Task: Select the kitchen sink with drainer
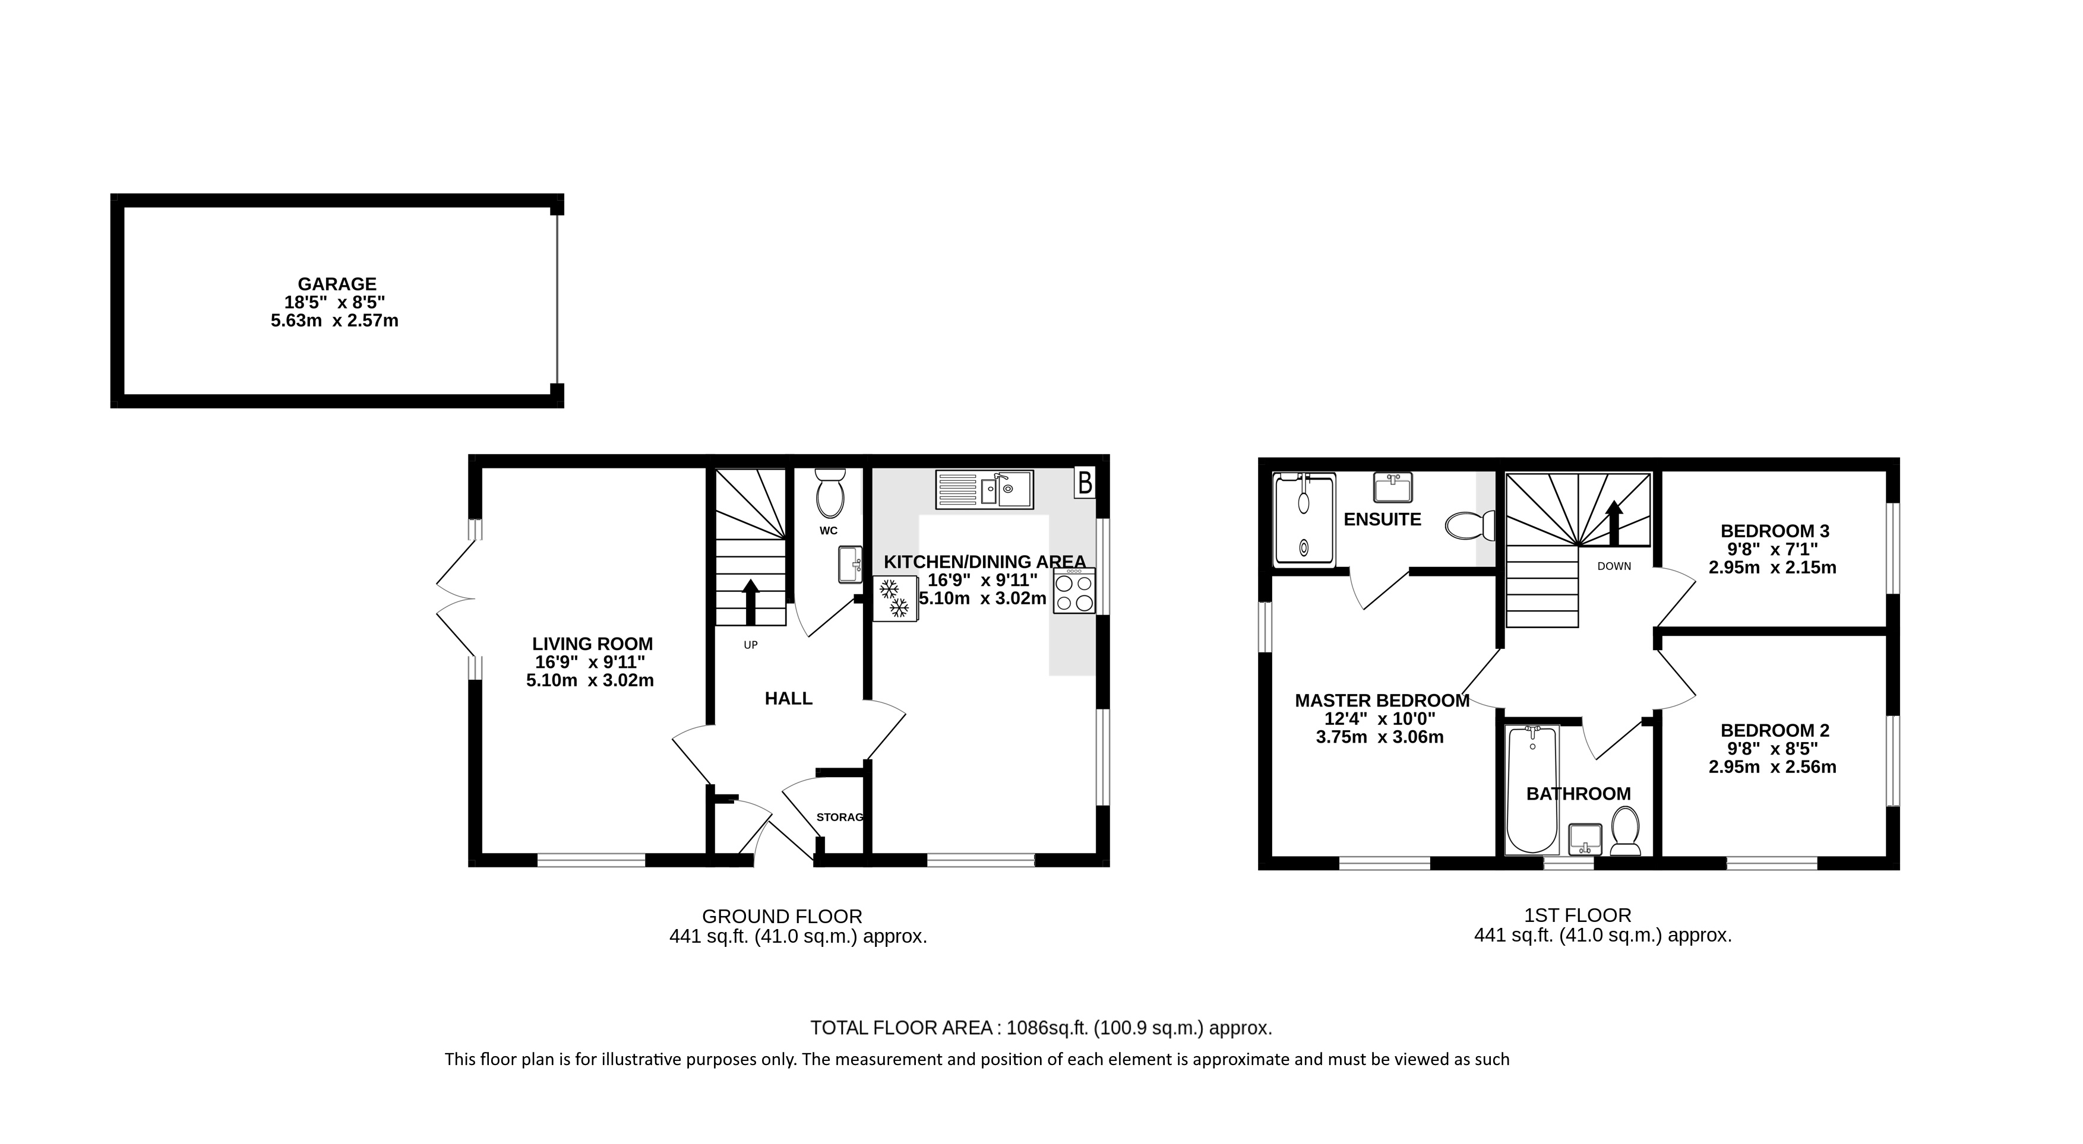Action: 984,490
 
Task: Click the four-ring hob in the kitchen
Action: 1074,592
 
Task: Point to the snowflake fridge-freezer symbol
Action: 896,598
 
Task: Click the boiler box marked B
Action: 1085,483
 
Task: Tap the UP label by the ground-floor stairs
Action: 750,645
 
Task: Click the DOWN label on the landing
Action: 1614,566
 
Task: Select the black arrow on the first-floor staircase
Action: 1614,523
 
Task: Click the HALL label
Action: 788,699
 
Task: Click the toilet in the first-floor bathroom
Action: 1625,831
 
